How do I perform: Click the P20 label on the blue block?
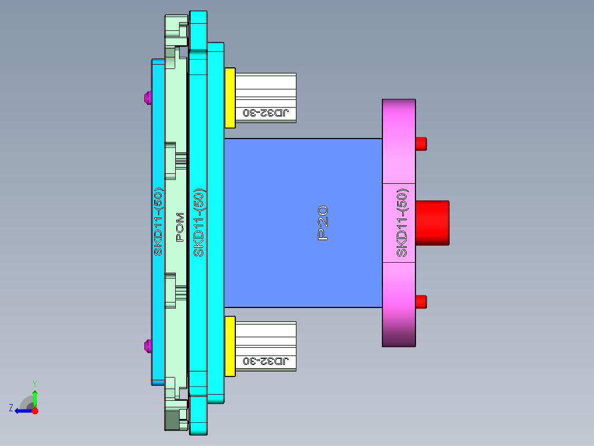point(323,222)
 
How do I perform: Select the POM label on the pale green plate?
point(180,227)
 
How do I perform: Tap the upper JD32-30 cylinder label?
point(266,113)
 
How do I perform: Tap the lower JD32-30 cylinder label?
point(266,362)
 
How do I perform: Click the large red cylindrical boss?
point(432,222)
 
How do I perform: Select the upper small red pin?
point(421,144)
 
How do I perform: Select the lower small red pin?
point(421,302)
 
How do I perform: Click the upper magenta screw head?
point(147,98)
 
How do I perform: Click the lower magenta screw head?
point(147,347)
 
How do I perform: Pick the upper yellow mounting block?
point(230,97)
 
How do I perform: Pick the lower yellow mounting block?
point(230,346)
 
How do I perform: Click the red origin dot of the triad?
point(35,411)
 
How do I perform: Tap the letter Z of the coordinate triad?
point(11,408)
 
